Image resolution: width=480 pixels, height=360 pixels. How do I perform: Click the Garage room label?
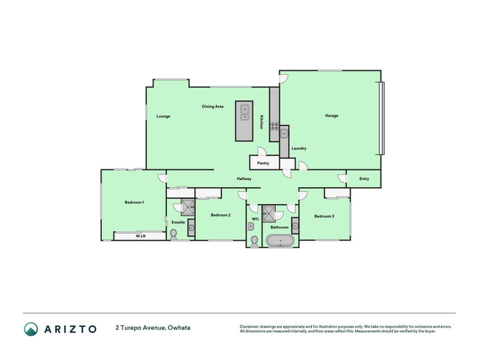pyautogui.click(x=332, y=116)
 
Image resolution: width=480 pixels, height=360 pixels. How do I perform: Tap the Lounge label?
pyautogui.click(x=163, y=116)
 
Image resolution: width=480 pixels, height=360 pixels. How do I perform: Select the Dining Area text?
pyautogui.click(x=213, y=107)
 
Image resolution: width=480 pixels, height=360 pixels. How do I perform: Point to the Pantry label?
pyautogui.click(x=263, y=163)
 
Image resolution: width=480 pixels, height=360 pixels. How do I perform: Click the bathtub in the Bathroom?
pyautogui.click(x=280, y=241)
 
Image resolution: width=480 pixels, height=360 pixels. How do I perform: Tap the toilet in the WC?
pyautogui.click(x=254, y=242)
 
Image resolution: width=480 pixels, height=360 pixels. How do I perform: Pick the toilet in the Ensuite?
pyautogui.click(x=173, y=235)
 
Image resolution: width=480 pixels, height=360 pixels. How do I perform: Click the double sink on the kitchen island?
pyautogui.click(x=245, y=113)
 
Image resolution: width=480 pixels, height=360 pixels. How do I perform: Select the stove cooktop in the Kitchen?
pyautogui.click(x=275, y=127)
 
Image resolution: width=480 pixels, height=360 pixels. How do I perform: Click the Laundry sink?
pyautogui.click(x=284, y=133)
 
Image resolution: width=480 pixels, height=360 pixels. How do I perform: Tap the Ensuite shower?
pyautogui.click(x=188, y=207)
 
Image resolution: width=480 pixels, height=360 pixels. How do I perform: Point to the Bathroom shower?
pyautogui.click(x=269, y=213)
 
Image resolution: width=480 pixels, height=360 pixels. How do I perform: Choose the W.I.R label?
pyautogui.click(x=140, y=236)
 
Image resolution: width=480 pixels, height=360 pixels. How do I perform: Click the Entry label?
pyautogui.click(x=364, y=179)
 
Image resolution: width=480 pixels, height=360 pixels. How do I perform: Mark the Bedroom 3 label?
pyautogui.click(x=324, y=217)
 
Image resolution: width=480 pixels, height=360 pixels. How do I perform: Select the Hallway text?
pyautogui.click(x=244, y=179)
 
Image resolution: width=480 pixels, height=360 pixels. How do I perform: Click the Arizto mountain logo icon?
pyautogui.click(x=31, y=329)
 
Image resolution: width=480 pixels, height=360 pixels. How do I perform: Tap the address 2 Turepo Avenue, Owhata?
pyautogui.click(x=153, y=328)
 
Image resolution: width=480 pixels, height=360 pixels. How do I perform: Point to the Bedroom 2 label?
pyautogui.click(x=221, y=215)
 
